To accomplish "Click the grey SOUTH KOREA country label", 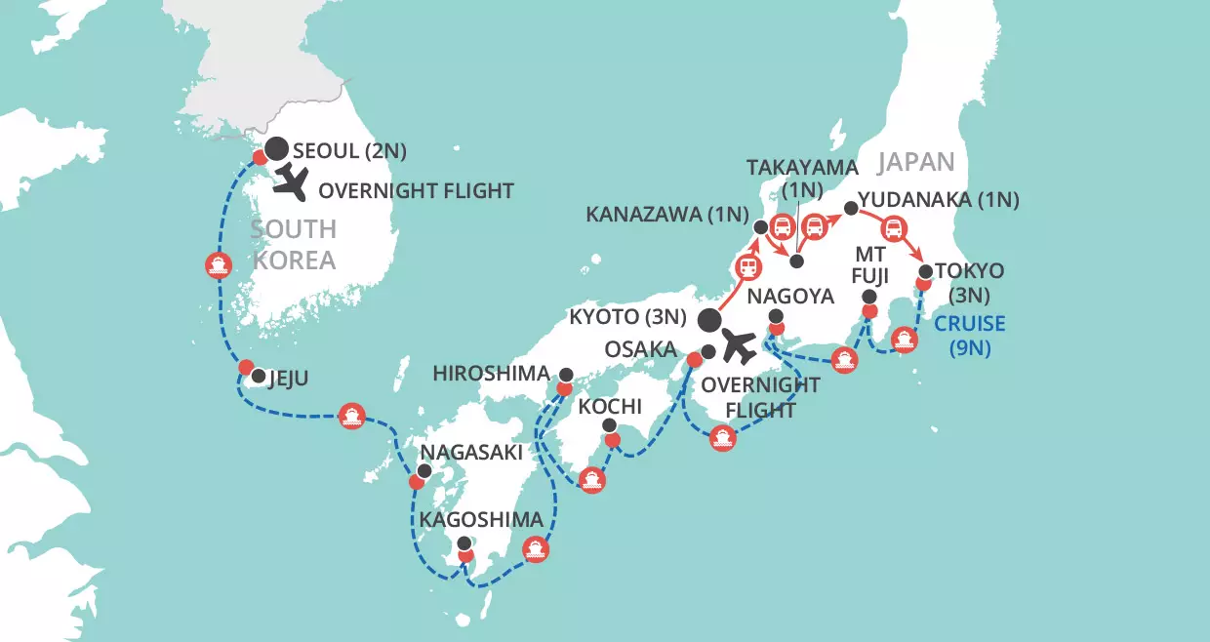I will point(293,244).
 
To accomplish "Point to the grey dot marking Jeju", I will point(258,376).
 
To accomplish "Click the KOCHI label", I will point(610,405).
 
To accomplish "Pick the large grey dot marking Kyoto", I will point(710,320).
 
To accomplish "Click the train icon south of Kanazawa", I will point(748,265).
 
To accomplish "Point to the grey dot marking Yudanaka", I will point(851,209).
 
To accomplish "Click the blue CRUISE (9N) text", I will point(966,335).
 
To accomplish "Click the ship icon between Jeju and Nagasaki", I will point(351,417).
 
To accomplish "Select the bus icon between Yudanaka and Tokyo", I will point(893,230).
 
